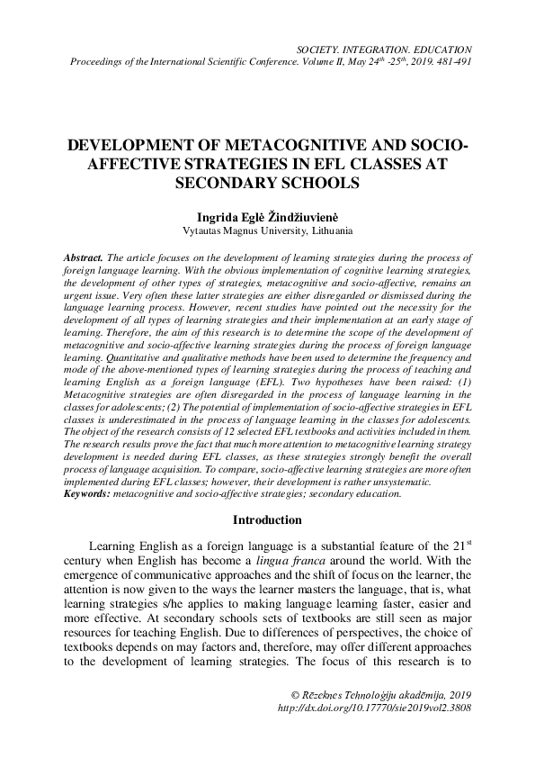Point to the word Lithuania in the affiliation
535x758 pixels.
tap(314, 230)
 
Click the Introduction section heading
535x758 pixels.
tap(267, 520)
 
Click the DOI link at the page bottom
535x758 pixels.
tap(375, 708)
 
